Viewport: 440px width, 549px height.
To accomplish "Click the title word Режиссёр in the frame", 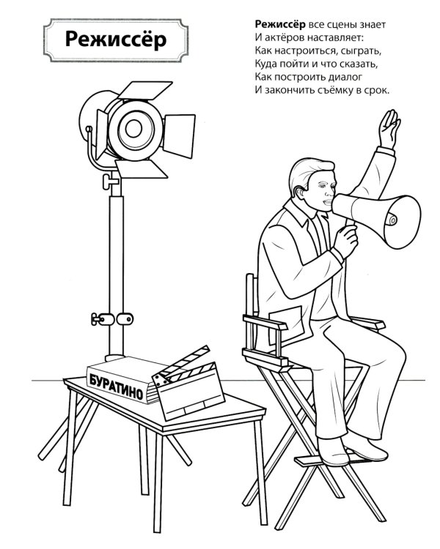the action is [116, 40].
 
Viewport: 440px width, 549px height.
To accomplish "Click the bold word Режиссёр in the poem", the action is [280, 24].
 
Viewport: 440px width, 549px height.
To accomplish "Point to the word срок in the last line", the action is [378, 90].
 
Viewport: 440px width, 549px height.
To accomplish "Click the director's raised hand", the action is [389, 129].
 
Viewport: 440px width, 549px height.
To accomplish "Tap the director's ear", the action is [299, 192].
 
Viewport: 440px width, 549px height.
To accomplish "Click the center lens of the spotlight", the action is [133, 129].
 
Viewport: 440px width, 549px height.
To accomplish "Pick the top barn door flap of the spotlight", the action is [145, 90].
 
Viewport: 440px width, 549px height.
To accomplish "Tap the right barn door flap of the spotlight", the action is [179, 135].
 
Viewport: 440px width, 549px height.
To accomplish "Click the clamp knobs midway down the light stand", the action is [112, 319].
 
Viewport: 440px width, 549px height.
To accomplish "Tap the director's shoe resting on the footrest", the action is [333, 452].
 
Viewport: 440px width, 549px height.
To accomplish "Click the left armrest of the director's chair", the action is [265, 322].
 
